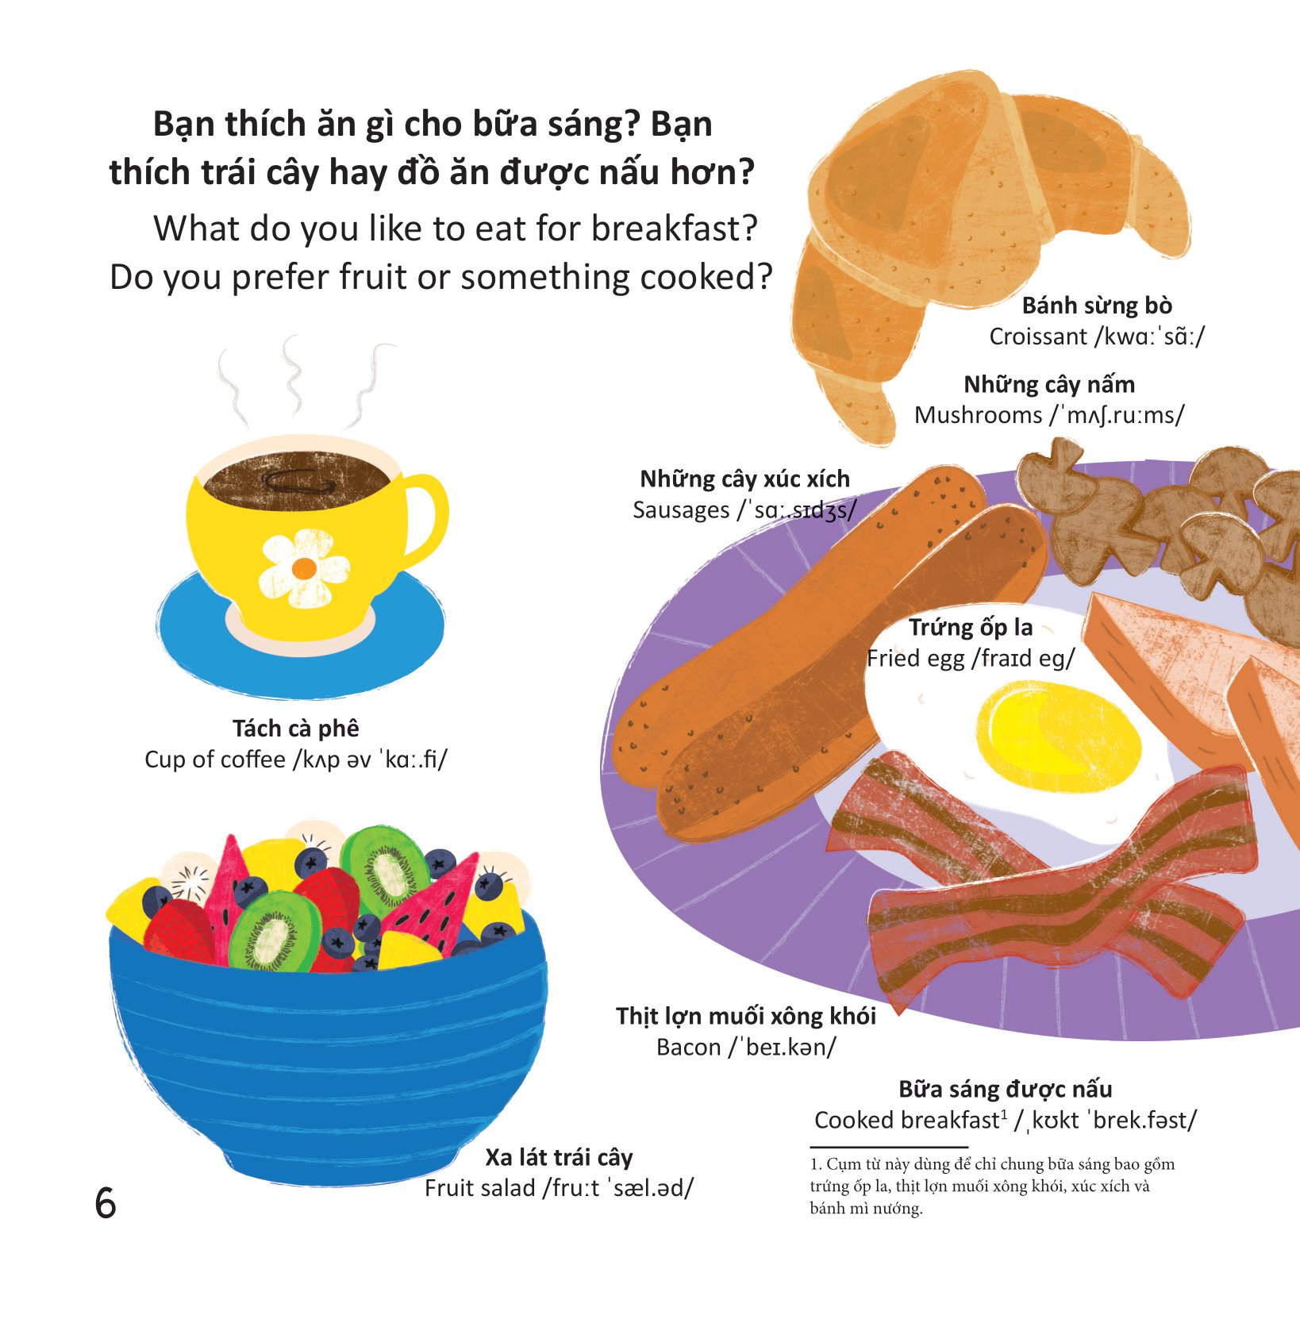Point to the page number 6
pyautogui.click(x=106, y=1203)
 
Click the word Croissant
pyautogui.click(x=1037, y=336)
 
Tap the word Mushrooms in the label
pyautogui.click(x=978, y=415)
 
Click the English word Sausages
pyautogui.click(x=680, y=510)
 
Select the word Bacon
pyautogui.click(x=688, y=1048)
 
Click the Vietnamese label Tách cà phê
pyautogui.click(x=295, y=729)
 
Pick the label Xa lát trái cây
pyautogui.click(x=559, y=1157)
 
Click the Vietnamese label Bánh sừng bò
pyautogui.click(x=1096, y=306)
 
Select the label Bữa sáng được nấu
pyautogui.click(x=1005, y=1089)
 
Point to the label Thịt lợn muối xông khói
pyautogui.click(x=745, y=1017)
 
